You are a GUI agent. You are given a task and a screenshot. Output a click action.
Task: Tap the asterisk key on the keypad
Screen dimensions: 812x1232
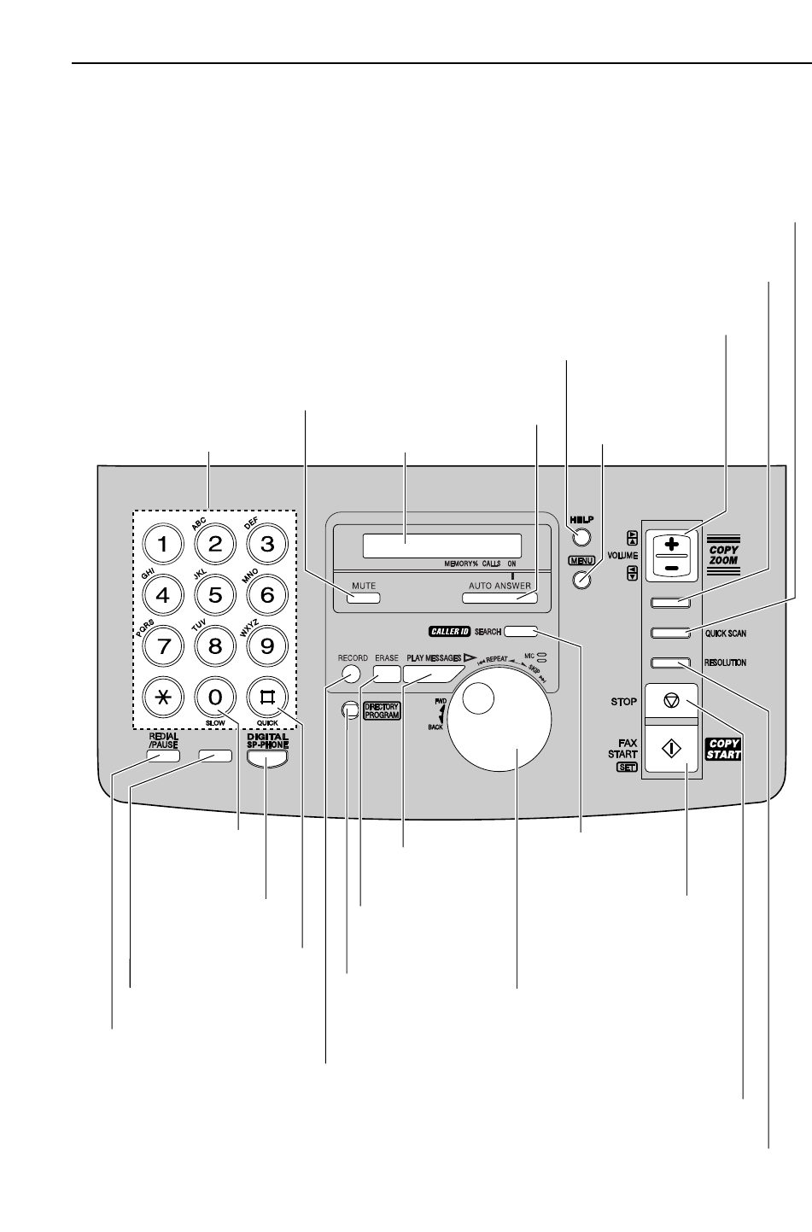(x=163, y=697)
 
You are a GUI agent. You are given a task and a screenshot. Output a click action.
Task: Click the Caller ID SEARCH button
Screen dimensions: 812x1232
(x=520, y=632)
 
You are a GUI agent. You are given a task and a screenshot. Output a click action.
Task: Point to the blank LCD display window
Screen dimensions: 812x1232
(x=441, y=546)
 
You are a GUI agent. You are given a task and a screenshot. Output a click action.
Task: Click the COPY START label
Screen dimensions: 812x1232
(x=723, y=749)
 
